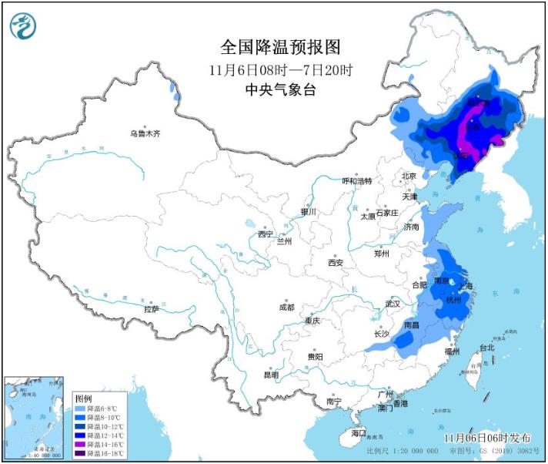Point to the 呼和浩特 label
(x=356, y=181)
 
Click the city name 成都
(x=286, y=307)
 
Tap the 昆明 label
(x=271, y=375)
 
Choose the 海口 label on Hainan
(x=359, y=433)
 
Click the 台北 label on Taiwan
(x=487, y=348)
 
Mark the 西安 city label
(x=336, y=263)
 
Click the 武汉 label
(x=393, y=304)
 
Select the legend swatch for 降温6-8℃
(x=80, y=409)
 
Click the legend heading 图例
(x=84, y=398)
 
